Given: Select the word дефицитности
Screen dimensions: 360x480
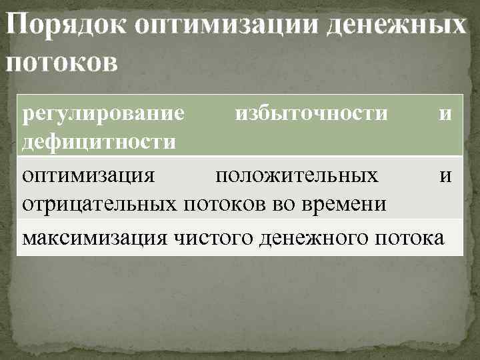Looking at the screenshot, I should pyautogui.click(x=99, y=141).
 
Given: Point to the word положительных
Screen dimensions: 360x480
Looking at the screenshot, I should pyautogui.click(x=297, y=176).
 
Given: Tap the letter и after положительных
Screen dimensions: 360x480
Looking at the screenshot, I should pyautogui.click(x=445, y=177).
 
